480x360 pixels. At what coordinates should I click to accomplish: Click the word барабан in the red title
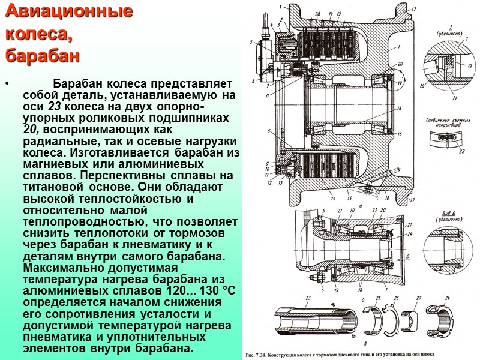pyautogui.click(x=43, y=56)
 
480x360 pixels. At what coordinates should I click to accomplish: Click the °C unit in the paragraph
pyautogui.click(x=230, y=290)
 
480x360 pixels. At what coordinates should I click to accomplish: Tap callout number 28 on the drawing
pyautogui.click(x=317, y=13)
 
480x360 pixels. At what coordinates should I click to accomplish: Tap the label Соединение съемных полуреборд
pyautogui.click(x=448, y=122)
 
